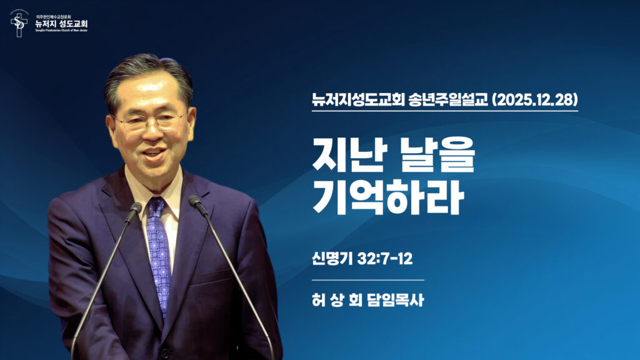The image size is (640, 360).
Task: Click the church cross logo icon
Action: [19, 23]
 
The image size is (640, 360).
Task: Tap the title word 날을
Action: [437, 156]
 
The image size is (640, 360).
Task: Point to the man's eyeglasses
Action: [150, 120]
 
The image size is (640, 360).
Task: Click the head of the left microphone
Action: [135, 209]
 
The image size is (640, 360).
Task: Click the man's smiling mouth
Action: [154, 151]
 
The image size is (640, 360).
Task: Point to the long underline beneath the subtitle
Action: [445, 111]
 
